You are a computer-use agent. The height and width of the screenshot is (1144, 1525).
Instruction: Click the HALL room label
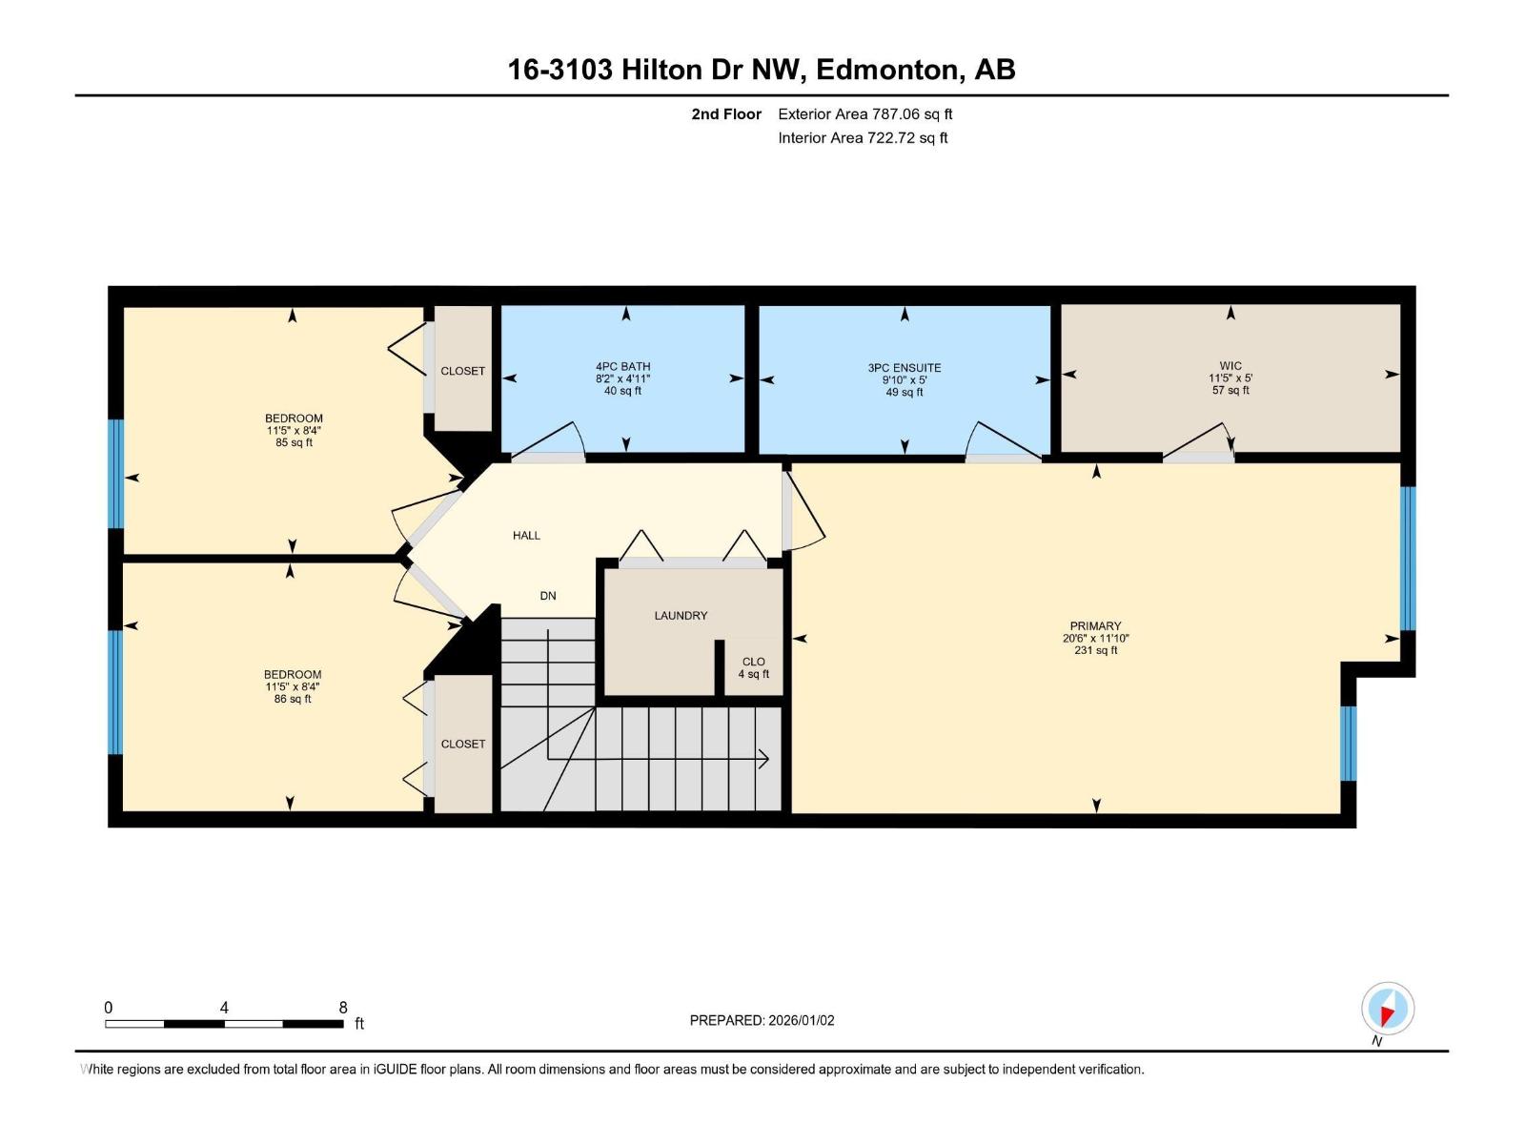[526, 536]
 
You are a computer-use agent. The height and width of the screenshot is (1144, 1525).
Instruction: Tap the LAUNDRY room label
[681, 616]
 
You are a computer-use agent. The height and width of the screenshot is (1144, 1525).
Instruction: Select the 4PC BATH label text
[622, 366]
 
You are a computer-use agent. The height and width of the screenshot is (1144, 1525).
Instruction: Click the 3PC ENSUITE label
[905, 367]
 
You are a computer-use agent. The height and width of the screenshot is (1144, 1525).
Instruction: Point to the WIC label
[1230, 365]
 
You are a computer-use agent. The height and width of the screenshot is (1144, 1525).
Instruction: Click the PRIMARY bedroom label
[1095, 626]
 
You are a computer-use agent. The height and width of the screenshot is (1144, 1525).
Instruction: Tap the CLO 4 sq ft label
[753, 667]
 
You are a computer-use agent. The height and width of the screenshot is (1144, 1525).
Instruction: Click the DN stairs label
[548, 596]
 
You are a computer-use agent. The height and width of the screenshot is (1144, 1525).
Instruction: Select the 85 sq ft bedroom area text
[294, 442]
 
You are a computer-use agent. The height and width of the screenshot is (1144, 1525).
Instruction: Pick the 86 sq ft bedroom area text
[293, 699]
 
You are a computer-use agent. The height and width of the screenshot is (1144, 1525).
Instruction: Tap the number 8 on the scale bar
[343, 1008]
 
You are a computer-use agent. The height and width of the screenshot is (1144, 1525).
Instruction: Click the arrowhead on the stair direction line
[763, 759]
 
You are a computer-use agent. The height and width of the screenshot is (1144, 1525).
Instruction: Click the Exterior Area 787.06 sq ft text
[864, 113]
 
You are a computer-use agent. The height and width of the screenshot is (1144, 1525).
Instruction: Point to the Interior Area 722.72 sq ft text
[863, 137]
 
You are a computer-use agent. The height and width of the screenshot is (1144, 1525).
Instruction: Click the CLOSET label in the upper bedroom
[462, 371]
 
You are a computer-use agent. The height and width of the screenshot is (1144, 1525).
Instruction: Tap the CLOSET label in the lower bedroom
[462, 744]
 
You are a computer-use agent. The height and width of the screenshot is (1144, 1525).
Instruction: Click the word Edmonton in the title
[886, 70]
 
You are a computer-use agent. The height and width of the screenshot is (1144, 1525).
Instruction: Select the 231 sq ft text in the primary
[1095, 650]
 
